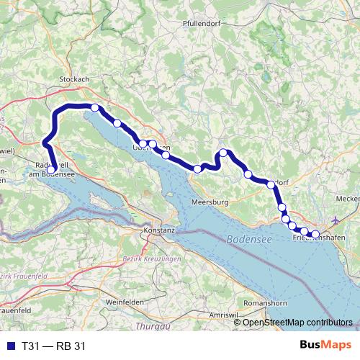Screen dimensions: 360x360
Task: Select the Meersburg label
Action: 210,202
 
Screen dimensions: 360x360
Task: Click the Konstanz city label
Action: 159,230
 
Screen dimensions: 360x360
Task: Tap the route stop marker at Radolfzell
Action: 51,171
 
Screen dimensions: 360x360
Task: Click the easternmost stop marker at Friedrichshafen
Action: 315,233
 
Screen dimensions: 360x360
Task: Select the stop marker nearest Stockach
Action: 95,108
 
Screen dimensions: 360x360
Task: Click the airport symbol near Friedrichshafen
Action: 339,220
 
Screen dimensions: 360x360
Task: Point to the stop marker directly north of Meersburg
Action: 197,169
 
